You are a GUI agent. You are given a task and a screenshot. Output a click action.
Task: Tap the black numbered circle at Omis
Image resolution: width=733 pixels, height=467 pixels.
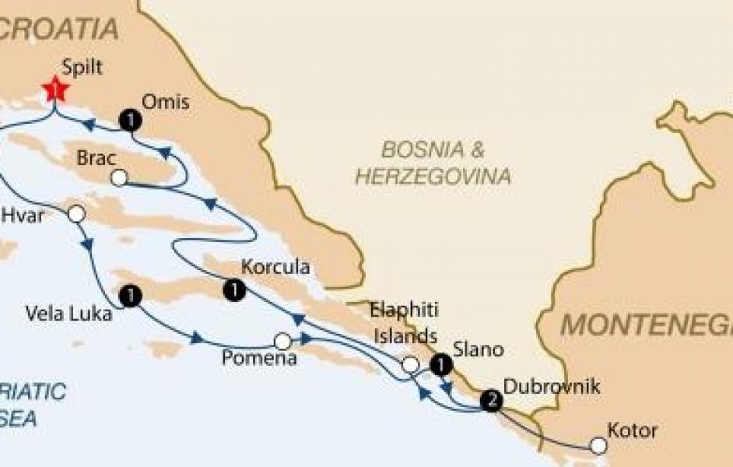[x=131, y=119]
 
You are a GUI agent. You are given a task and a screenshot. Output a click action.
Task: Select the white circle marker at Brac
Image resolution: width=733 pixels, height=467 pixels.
[x=119, y=179]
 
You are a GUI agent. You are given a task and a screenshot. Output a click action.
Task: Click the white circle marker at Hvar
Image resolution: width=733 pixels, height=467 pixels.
[x=76, y=214]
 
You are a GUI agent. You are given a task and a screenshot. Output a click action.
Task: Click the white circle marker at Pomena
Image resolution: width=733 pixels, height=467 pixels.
[x=282, y=341]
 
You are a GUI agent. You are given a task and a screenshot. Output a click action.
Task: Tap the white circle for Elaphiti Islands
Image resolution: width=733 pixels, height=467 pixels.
[x=410, y=364]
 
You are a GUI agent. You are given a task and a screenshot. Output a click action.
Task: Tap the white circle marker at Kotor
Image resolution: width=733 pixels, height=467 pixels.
[x=598, y=446]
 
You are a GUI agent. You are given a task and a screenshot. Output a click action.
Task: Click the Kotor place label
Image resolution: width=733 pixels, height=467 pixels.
[x=632, y=430]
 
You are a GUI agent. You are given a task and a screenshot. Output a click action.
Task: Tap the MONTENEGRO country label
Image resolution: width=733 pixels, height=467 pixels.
[x=646, y=323]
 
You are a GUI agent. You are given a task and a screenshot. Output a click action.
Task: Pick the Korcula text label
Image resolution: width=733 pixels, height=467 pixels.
[x=275, y=267]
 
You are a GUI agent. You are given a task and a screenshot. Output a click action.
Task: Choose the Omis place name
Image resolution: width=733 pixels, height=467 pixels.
[x=166, y=101]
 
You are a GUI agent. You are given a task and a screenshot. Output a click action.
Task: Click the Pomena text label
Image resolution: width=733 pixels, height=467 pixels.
[x=259, y=359]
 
